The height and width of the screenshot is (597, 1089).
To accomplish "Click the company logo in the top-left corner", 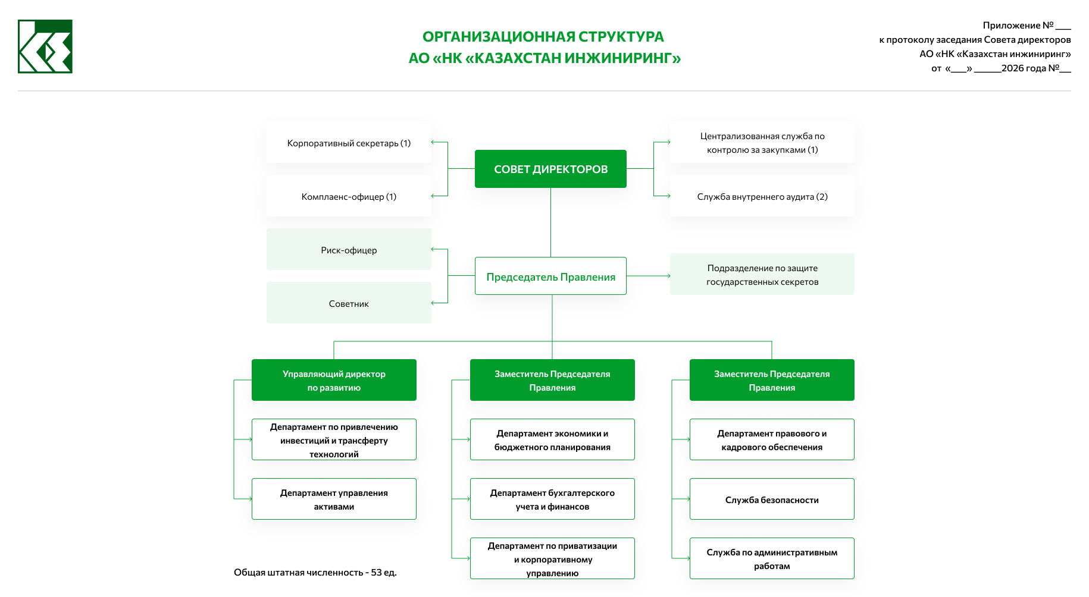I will click(x=45, y=46).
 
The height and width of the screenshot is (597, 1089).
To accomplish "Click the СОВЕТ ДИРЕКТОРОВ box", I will click(x=550, y=169).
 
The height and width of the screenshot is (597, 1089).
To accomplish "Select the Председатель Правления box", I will click(x=550, y=276).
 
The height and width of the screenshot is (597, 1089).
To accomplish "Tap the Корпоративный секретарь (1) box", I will click(x=349, y=143).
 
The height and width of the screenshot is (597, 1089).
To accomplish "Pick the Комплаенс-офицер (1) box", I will click(x=349, y=197).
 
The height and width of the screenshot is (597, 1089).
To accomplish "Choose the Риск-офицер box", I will click(x=349, y=250).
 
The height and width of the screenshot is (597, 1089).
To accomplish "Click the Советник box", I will click(x=349, y=303).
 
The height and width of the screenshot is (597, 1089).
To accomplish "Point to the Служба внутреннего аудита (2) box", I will click(x=762, y=197).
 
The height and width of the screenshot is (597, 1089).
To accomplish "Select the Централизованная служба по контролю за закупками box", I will click(x=762, y=143).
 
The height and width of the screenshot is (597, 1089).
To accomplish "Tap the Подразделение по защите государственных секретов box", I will click(x=762, y=275).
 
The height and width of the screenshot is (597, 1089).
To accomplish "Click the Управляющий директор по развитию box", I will click(x=334, y=381).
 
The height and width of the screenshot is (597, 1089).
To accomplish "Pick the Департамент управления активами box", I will click(x=334, y=499).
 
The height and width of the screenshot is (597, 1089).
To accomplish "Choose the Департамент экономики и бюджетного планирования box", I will click(x=552, y=440).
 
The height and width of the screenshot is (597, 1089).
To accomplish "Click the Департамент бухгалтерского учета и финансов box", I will click(x=552, y=499).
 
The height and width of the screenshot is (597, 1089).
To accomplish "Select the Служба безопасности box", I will click(x=772, y=499).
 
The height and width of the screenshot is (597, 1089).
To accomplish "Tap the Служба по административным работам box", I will click(x=772, y=559).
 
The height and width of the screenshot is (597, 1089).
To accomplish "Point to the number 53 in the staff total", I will click(x=376, y=573).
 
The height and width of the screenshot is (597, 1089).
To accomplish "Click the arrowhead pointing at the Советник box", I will click(x=433, y=303).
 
